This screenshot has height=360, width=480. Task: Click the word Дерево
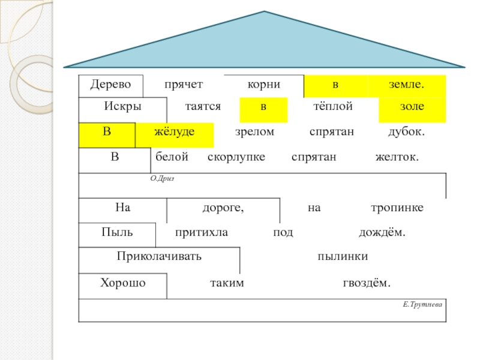pos(110,86)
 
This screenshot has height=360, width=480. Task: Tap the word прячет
pos(184,86)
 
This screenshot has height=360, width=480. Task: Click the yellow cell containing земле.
pos(407,86)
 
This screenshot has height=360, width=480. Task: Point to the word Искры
pos(122,106)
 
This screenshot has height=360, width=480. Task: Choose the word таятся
pos(203,106)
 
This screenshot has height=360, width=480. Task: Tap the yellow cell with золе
pos(412,109)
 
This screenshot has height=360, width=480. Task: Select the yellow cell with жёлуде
pos(175,134)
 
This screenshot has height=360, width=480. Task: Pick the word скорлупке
pos(236,157)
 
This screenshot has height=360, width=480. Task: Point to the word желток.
pos(397,157)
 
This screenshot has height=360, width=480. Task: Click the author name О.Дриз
pos(162,178)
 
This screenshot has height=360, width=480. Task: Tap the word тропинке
pos(397,207)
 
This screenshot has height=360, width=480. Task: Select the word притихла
pos(202,232)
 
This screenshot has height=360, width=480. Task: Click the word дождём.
pos(382,232)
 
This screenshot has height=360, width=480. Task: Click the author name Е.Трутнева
pos(422,305)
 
